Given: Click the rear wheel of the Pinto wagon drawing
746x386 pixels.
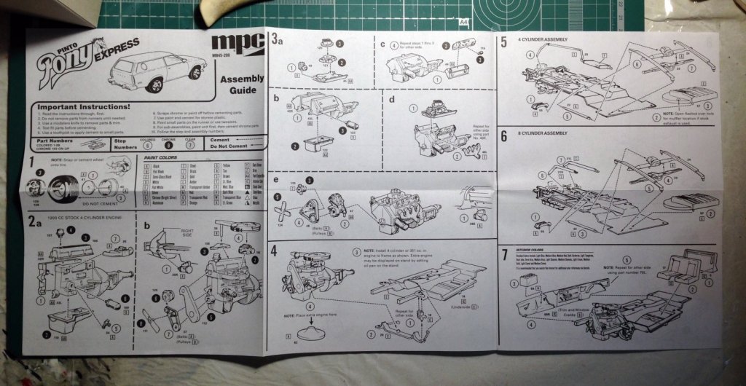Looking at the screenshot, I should tap(154, 84).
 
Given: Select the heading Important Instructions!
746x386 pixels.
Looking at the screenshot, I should tap(86, 106).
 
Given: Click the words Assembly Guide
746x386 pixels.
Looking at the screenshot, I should tap(237, 85).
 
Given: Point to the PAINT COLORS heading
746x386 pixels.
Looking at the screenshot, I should tap(159, 157).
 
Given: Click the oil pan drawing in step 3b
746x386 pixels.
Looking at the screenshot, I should tap(316, 143).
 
